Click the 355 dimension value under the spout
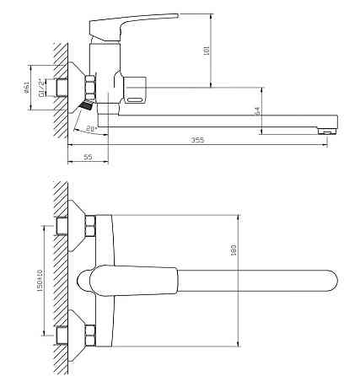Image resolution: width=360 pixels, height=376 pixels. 197,141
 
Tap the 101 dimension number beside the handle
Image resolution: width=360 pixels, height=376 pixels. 207,51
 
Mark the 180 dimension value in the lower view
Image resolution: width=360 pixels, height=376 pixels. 234,250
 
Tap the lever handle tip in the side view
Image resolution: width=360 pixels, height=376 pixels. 176,16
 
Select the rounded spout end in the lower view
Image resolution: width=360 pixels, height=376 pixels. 332,279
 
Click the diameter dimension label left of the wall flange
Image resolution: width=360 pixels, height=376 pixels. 26,86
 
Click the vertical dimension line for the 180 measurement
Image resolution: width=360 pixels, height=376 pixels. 239,278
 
